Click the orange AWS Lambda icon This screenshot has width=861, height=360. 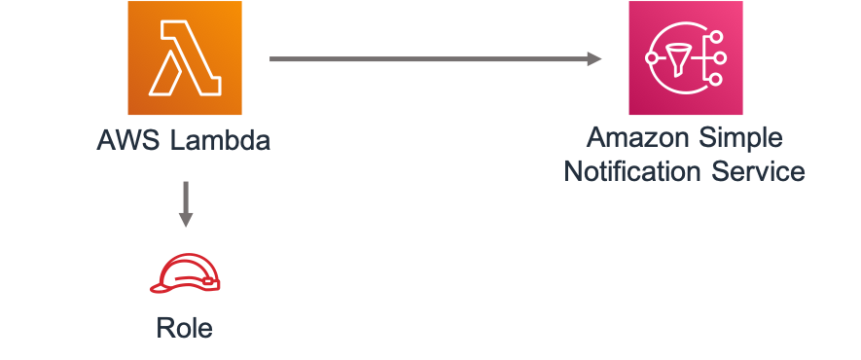[184, 57]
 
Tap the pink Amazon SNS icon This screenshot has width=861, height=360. [686, 57]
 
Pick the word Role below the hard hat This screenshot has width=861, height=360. [184, 328]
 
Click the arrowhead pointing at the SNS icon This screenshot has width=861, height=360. [592, 59]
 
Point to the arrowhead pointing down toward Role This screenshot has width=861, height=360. [185, 219]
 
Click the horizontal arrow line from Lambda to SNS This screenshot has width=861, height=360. [428, 59]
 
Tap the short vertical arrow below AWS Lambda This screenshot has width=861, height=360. [185, 199]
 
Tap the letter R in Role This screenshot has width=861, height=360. [164, 328]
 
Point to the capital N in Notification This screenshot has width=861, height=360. [573, 172]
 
